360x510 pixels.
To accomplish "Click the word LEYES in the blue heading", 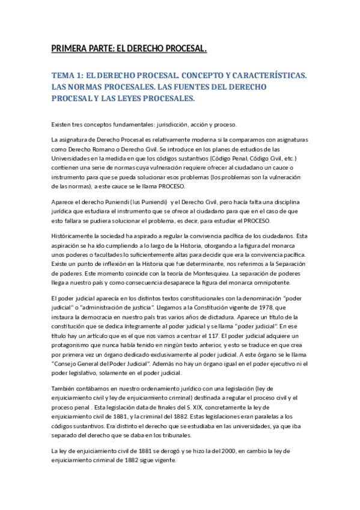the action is click(x=133, y=99).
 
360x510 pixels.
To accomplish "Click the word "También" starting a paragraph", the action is click(x=64, y=389).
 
